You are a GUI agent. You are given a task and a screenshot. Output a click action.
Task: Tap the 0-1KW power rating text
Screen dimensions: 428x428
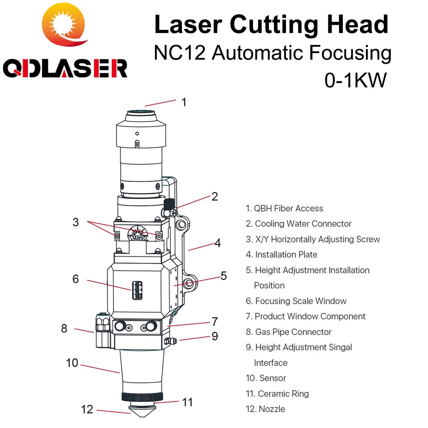click(355, 80)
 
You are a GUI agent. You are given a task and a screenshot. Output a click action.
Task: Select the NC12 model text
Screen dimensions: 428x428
click(180, 52)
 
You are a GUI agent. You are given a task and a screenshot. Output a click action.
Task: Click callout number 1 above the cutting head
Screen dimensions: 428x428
click(184, 102)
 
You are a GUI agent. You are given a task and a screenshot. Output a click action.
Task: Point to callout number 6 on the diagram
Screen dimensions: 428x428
click(76, 279)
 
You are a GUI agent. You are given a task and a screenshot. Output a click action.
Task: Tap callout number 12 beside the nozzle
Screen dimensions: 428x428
click(87, 410)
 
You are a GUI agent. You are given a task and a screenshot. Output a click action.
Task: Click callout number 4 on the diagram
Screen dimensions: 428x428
click(217, 243)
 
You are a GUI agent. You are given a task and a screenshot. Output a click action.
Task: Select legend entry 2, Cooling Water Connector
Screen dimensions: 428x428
click(298, 224)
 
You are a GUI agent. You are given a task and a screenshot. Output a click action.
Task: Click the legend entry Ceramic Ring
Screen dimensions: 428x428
click(277, 394)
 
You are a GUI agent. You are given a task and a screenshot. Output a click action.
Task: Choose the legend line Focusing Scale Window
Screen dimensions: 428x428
click(296, 301)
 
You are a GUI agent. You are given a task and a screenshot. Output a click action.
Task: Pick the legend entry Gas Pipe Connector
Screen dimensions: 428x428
click(288, 332)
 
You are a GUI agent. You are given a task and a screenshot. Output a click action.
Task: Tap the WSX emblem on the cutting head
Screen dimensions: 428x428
click(138, 234)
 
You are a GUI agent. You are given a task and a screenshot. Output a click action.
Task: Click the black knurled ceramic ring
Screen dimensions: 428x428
click(142, 397)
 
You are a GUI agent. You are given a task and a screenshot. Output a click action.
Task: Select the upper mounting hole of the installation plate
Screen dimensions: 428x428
click(181, 225)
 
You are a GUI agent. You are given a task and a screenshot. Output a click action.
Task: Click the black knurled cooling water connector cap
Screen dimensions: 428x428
click(169, 203)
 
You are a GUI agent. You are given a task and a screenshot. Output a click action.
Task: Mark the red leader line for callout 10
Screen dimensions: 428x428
click(100, 369)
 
